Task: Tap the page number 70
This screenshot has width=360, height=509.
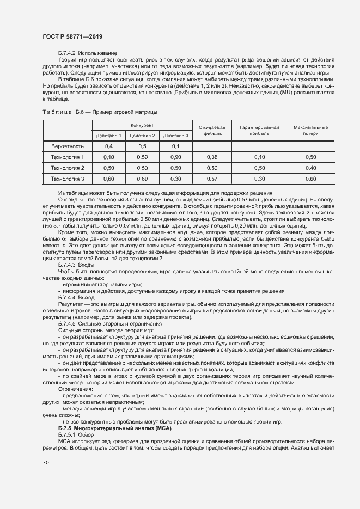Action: [x=46, y=463]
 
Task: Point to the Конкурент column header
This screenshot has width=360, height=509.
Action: [x=142, y=125]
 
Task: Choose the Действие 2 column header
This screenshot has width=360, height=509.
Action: [x=142, y=136]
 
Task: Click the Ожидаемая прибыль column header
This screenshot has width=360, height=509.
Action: [x=212, y=130]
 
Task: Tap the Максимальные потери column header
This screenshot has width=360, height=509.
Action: [x=311, y=130]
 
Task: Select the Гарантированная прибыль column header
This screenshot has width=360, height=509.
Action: [x=259, y=130]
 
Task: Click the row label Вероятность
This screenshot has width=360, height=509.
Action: [x=68, y=146]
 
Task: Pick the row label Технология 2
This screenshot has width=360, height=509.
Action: [x=68, y=168]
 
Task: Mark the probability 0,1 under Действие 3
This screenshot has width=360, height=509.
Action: [x=175, y=146]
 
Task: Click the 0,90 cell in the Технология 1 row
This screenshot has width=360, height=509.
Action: [x=175, y=157]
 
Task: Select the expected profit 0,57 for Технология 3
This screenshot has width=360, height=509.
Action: [x=212, y=179]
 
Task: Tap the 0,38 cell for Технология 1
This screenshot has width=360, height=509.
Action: [x=212, y=157]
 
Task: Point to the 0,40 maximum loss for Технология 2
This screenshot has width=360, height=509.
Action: [x=311, y=168]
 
